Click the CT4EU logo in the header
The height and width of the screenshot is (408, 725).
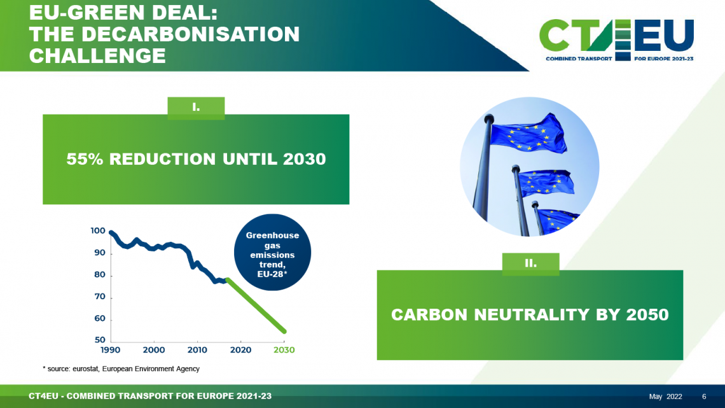(x=617, y=40)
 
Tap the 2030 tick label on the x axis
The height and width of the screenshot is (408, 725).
(x=284, y=350)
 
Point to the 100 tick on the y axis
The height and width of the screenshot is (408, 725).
(x=98, y=231)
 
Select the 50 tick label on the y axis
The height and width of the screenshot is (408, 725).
(x=100, y=340)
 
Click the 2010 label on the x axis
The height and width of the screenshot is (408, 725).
(x=197, y=350)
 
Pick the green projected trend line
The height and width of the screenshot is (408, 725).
(x=256, y=306)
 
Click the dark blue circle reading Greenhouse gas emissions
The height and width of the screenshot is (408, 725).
(x=272, y=252)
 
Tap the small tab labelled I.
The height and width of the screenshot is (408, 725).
(x=196, y=108)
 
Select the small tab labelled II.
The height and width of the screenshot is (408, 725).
(x=531, y=264)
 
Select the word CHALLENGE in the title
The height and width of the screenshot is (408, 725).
(x=97, y=56)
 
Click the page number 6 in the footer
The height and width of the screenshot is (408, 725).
(x=704, y=397)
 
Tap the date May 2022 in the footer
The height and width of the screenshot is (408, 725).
(x=665, y=397)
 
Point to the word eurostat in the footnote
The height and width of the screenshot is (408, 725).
(x=85, y=369)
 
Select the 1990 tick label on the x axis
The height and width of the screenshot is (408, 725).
(x=110, y=350)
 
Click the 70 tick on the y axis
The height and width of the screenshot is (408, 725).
(x=100, y=297)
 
